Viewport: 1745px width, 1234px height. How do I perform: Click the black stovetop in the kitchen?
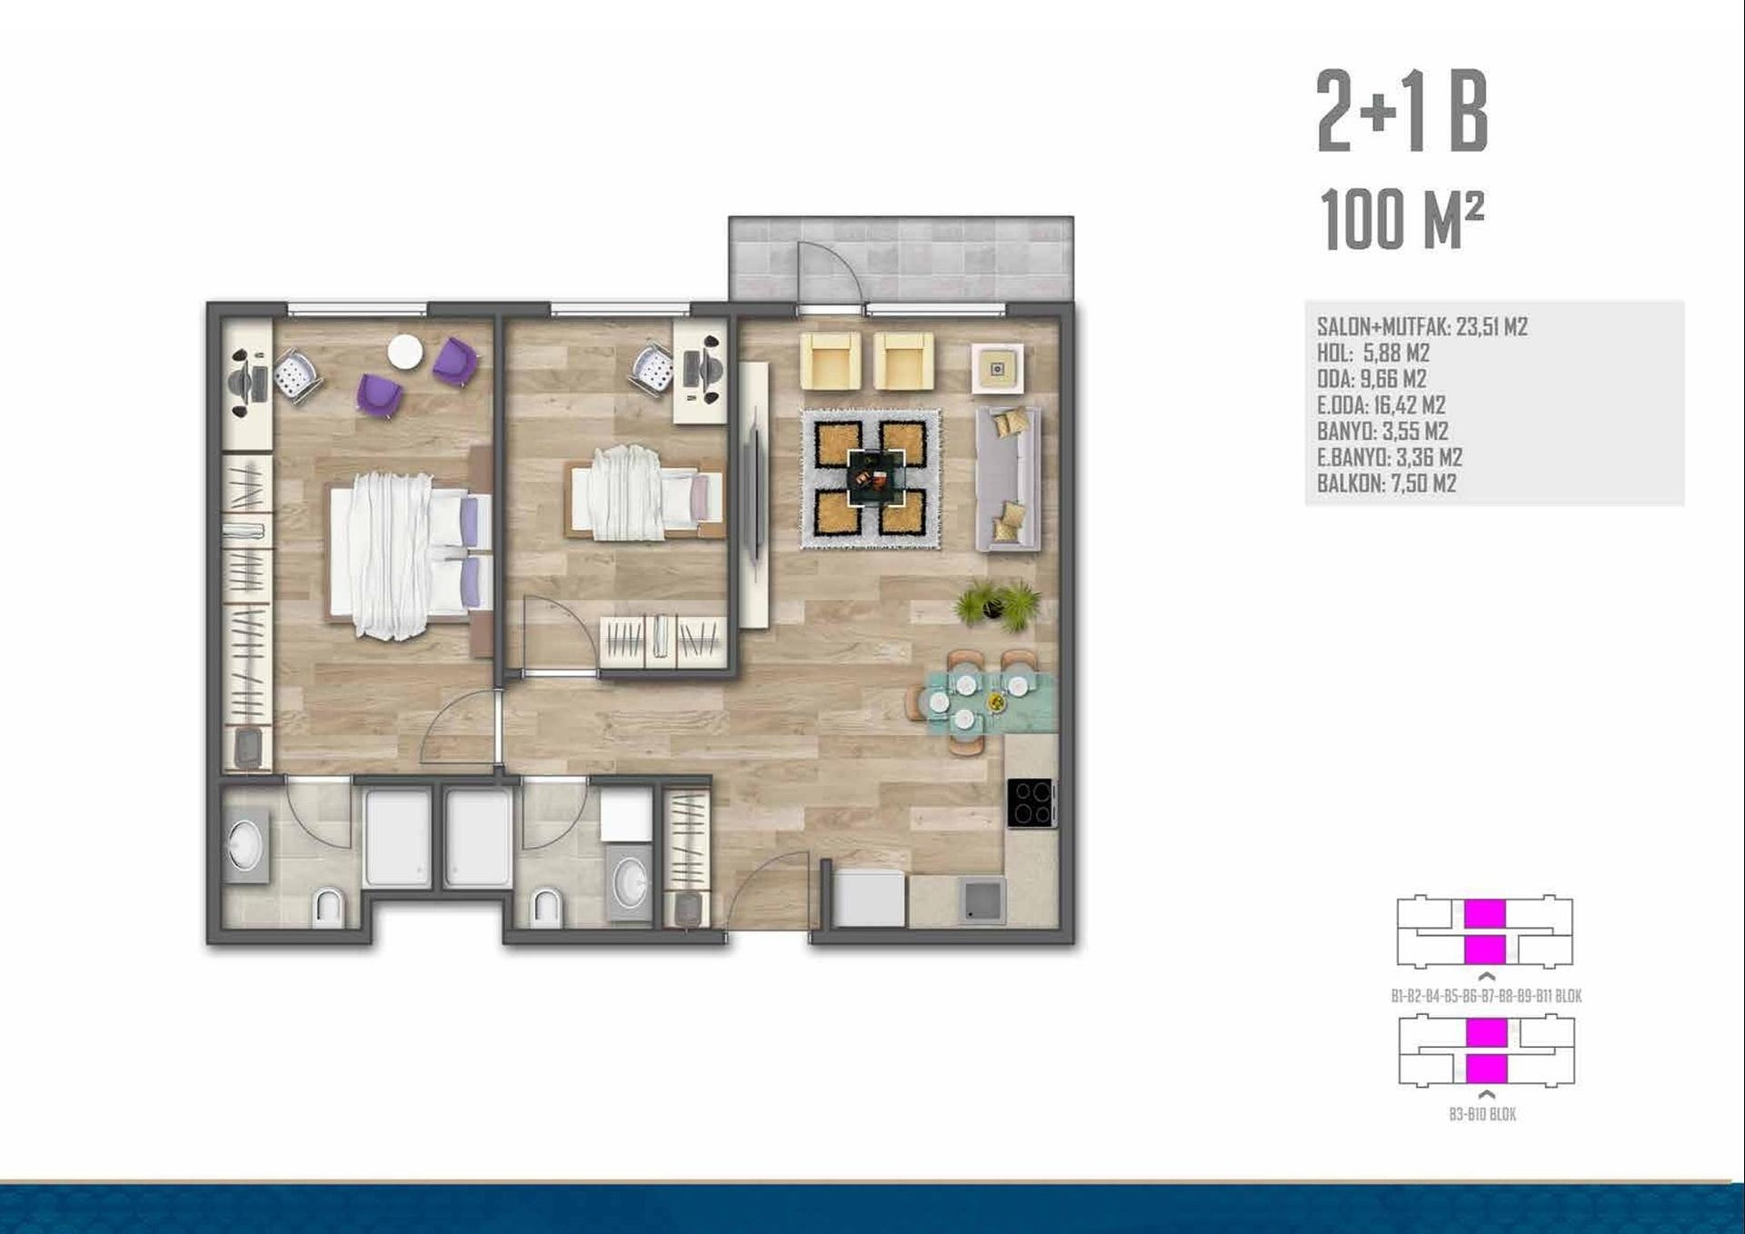[x=1032, y=803]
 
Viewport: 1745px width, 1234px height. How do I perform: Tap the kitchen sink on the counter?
[x=981, y=901]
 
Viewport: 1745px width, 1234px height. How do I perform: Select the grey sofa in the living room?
[x=1008, y=479]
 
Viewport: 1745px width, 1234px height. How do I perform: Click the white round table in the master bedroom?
[x=404, y=353]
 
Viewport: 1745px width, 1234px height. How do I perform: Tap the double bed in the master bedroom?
[x=409, y=554]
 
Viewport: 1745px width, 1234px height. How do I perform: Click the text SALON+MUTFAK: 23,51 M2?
[x=1422, y=327]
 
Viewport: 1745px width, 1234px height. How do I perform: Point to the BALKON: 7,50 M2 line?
[x=1387, y=483]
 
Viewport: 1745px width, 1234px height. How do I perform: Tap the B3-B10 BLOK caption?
[x=1482, y=1114]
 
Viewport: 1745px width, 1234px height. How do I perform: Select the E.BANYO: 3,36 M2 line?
[x=1390, y=457]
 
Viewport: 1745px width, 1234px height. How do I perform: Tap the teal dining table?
[x=991, y=702]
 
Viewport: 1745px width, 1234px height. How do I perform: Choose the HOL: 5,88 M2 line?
[x=1373, y=353]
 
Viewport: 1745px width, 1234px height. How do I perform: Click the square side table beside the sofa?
[x=997, y=369]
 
